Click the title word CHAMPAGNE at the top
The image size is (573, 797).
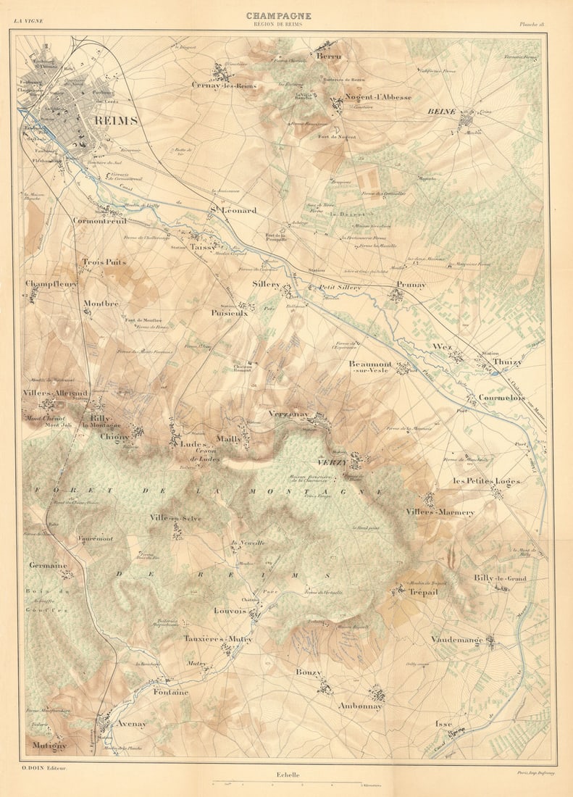[278, 15]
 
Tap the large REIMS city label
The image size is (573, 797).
[116, 121]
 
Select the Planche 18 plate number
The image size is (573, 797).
[532, 23]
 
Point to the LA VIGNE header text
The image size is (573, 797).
[28, 21]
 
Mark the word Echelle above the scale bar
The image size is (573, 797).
[288, 775]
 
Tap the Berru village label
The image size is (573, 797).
[328, 55]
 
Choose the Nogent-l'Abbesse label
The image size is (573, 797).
[377, 97]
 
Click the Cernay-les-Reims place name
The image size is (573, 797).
[224, 85]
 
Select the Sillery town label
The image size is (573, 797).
[266, 285]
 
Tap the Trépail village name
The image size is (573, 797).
[423, 592]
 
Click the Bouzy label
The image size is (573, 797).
[308, 672]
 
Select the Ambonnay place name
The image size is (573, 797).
[361, 706]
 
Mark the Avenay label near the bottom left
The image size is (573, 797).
[132, 724]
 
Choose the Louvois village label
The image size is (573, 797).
[230, 611]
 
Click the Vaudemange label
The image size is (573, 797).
[456, 640]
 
